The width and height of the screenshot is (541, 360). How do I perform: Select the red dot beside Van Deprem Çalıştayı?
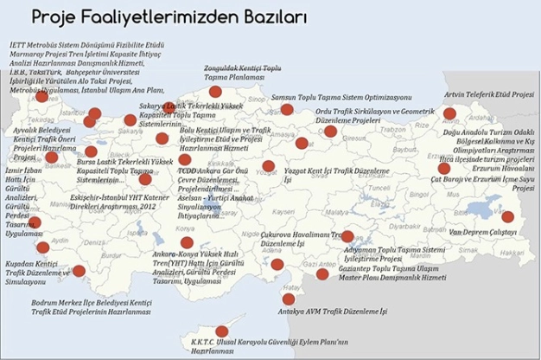[507, 216]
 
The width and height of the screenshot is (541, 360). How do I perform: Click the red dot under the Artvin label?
[449, 113]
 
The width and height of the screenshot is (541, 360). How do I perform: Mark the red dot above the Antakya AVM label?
[289, 299]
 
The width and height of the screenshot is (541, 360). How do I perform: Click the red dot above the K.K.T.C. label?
[221, 331]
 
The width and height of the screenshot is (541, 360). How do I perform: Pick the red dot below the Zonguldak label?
[215, 92]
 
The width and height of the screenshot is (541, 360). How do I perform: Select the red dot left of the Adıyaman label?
[347, 236]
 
